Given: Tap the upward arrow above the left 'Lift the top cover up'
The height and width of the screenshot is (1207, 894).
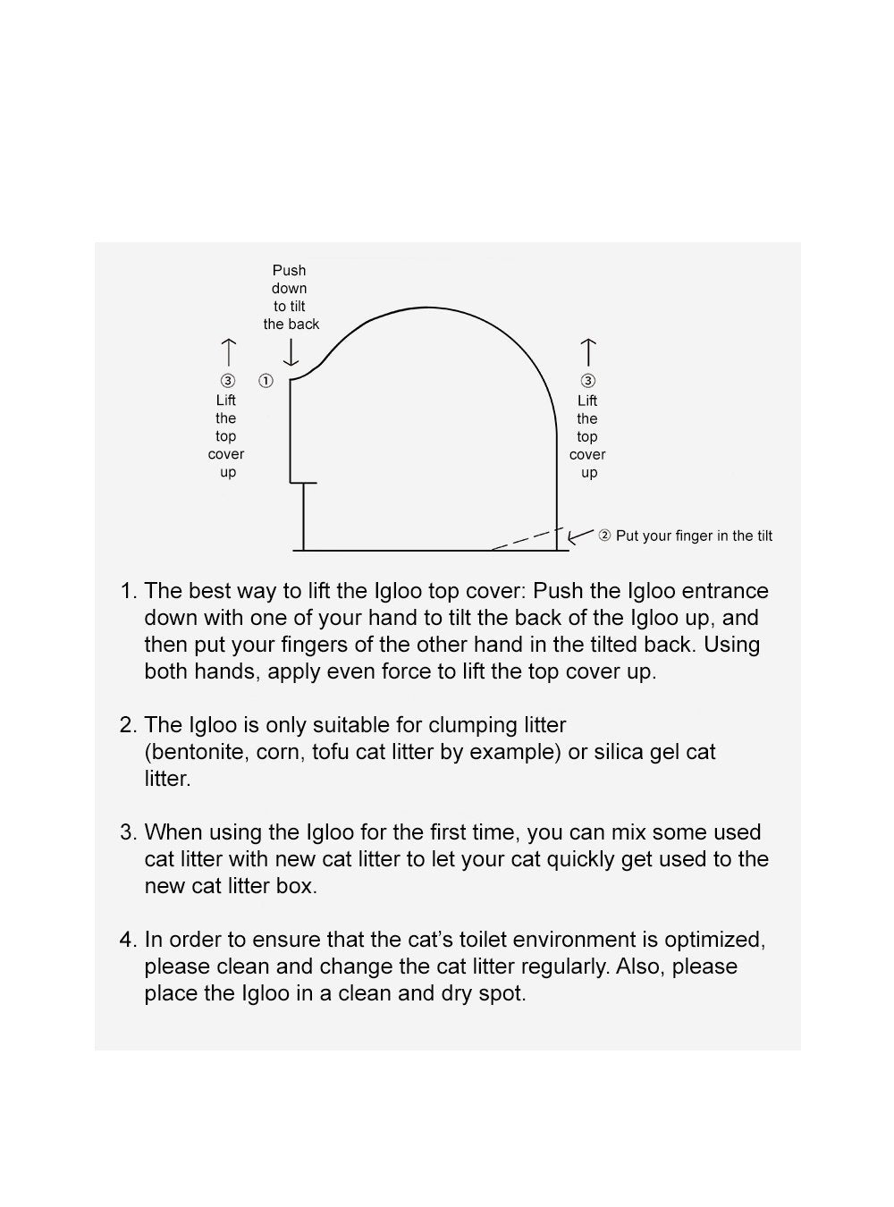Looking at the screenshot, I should point(228,351).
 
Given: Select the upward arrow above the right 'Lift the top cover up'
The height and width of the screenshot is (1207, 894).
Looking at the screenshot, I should point(587,351).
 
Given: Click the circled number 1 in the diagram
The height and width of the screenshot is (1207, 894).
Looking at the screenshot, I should point(266,381).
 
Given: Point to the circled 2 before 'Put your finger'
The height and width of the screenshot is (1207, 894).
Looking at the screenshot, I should point(604,536).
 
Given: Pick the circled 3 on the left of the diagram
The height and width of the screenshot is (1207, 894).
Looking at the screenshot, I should point(227,381).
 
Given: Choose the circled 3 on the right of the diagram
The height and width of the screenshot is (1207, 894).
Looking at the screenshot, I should point(587,381).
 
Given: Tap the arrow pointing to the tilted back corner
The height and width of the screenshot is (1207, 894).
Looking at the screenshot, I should point(580,536).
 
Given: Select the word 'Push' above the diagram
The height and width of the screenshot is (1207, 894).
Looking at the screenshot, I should point(289,270).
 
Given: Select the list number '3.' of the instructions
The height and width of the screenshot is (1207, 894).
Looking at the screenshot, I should point(129,832).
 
